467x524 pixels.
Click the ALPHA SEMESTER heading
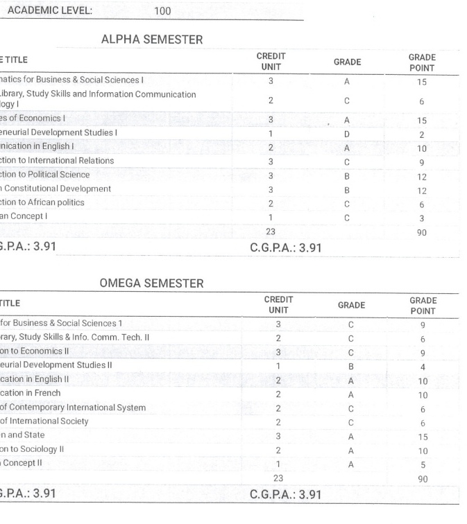tap(152, 40)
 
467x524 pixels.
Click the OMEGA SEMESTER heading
tap(152, 283)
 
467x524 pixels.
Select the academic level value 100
tap(164, 11)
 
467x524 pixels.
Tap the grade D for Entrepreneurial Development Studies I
tap(346, 133)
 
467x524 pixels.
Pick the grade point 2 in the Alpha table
tap(422, 133)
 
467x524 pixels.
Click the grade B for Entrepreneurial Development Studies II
tap(350, 365)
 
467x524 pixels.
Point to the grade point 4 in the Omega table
tap(423, 365)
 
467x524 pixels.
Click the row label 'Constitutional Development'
tap(56, 189)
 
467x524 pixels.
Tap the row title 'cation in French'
tap(31, 393)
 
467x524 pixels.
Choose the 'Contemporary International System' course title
tap(73, 408)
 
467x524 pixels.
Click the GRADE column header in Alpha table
tap(347, 62)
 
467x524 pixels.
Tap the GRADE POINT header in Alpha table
tap(421, 62)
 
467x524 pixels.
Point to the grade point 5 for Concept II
tap(423, 464)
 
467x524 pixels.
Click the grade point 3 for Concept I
tap(422, 217)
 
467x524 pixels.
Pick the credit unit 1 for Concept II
tap(278, 464)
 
